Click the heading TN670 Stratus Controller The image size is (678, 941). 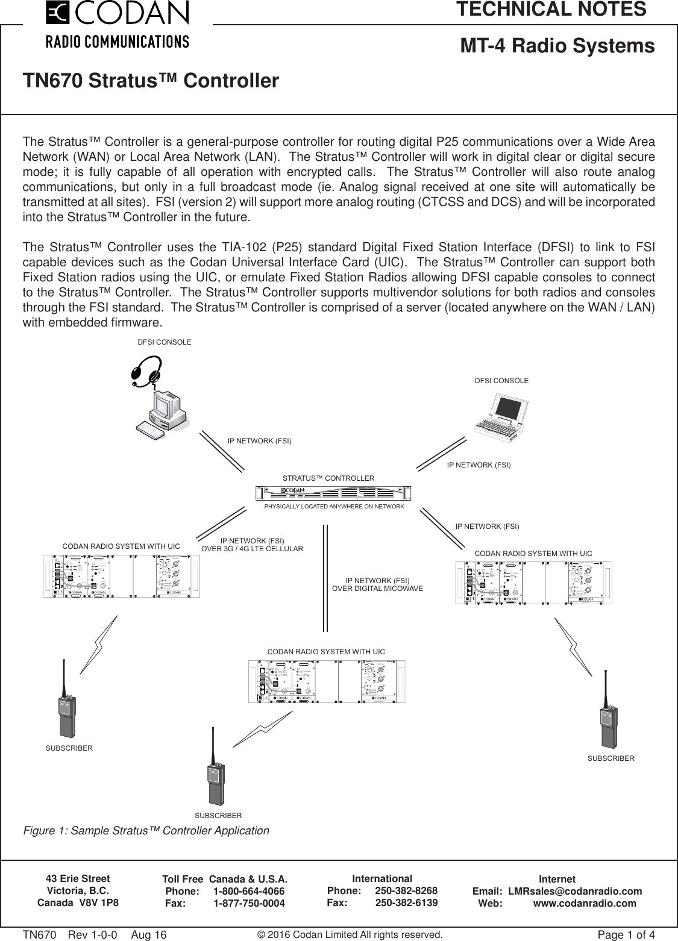click(151, 81)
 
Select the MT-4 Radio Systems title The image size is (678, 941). click(557, 46)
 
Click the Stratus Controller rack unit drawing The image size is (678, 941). click(333, 493)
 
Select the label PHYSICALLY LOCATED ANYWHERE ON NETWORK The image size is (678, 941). click(334, 507)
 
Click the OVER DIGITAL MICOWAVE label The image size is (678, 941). click(378, 588)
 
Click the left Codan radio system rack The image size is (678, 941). click(122, 577)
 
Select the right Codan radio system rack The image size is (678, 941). click(533, 583)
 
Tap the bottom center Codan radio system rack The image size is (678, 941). click(326, 681)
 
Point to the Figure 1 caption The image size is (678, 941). click(146, 831)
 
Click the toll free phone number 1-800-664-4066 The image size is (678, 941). click(250, 892)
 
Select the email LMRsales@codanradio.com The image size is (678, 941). click(575, 892)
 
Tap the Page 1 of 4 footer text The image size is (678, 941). click(626, 935)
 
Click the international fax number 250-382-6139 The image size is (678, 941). click(406, 903)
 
